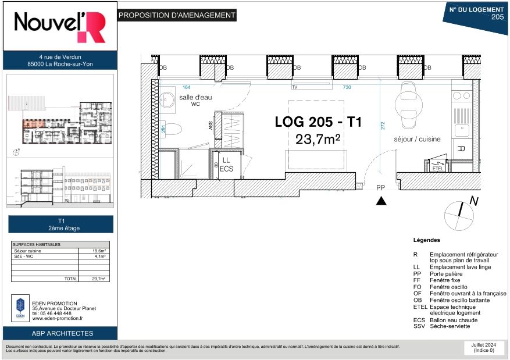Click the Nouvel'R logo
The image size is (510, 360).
pyautogui.click(x=60, y=27)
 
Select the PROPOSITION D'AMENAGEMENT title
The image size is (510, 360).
pyautogui.click(x=177, y=16)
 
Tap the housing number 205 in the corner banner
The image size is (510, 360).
pyautogui.click(x=497, y=17)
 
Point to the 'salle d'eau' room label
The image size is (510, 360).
pyautogui.click(x=195, y=97)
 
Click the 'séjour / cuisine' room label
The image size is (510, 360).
pyautogui.click(x=417, y=140)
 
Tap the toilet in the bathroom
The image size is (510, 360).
pyautogui.click(x=174, y=129)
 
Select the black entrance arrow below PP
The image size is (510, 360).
pyautogui.click(x=381, y=201)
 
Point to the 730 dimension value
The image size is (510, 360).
pyautogui.click(x=347, y=87)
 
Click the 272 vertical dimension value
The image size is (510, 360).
pyautogui.click(x=383, y=126)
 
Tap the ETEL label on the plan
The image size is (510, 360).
pyautogui.click(x=437, y=168)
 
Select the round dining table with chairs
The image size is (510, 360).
pyautogui.click(x=407, y=105)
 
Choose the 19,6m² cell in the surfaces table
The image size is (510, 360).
pyautogui.click(x=96, y=251)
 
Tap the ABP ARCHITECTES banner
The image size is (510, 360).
pyautogui.click(x=60, y=333)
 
